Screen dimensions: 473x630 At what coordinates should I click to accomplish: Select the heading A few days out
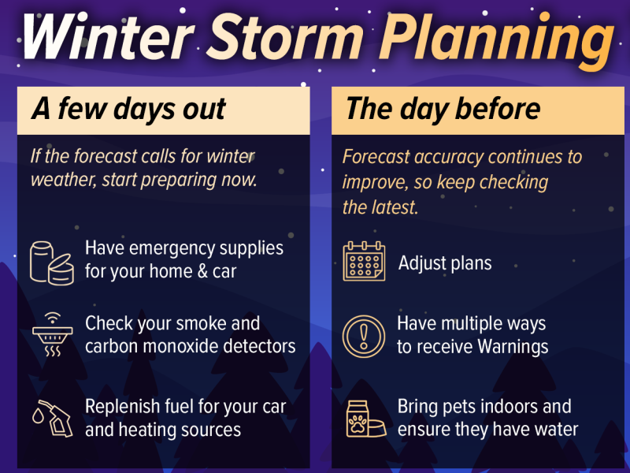(x=129, y=109)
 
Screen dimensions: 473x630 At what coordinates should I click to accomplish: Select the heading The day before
(x=443, y=109)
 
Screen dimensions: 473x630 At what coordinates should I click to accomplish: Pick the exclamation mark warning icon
(x=364, y=335)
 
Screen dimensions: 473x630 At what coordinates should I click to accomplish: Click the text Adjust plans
(x=444, y=263)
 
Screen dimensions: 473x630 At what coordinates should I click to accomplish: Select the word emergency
(x=168, y=248)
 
